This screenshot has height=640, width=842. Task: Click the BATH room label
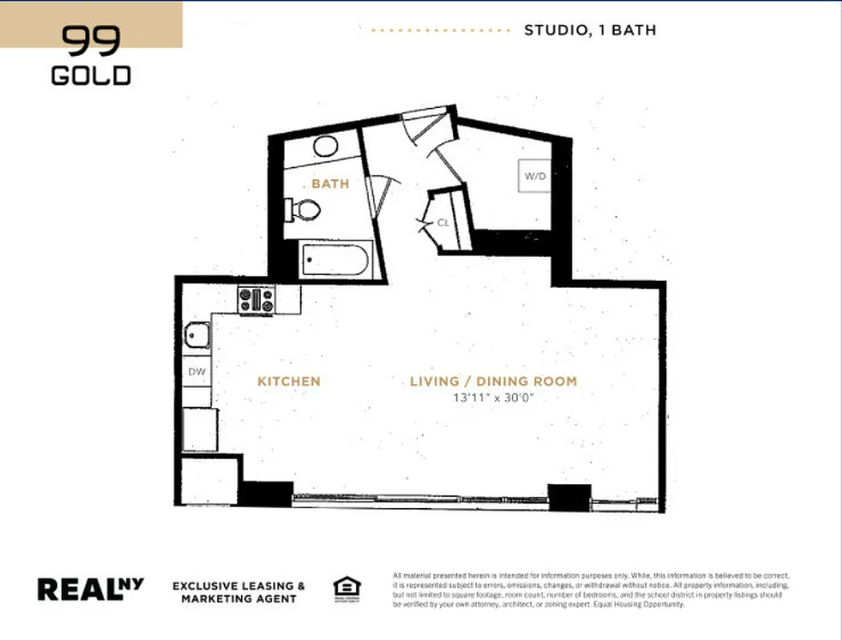(x=331, y=184)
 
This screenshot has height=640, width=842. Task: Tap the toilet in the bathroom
(x=304, y=210)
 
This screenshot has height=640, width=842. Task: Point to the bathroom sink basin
(x=326, y=146)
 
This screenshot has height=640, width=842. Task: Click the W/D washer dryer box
(x=535, y=176)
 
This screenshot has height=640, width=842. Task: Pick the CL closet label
(x=443, y=223)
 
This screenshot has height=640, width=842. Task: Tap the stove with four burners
(x=256, y=300)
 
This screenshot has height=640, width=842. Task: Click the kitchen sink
(x=197, y=334)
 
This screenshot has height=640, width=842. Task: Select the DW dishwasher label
(x=196, y=372)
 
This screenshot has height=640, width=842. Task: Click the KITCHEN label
(x=288, y=382)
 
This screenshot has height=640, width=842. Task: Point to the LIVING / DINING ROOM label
(x=493, y=382)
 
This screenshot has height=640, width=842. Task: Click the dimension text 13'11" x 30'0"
(x=493, y=398)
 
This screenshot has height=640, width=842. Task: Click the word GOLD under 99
(x=91, y=76)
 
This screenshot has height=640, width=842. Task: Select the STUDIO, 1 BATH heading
(x=590, y=30)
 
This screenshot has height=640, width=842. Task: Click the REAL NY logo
(x=90, y=589)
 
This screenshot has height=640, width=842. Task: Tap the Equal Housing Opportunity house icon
(x=347, y=590)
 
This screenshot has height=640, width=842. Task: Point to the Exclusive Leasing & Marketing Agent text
(x=239, y=592)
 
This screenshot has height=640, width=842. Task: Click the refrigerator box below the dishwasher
(x=199, y=430)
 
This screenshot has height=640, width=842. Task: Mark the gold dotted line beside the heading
(x=441, y=30)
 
